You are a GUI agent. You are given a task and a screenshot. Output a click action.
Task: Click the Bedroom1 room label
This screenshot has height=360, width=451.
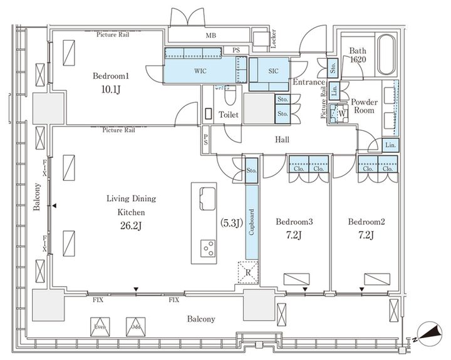tap(111, 76)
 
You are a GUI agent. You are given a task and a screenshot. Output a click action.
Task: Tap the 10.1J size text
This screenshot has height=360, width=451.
tap(111, 90)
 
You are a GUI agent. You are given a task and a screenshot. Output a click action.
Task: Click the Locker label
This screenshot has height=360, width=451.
tap(273, 39)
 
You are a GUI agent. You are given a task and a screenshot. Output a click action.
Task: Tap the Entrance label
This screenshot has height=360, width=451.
tap(308, 82)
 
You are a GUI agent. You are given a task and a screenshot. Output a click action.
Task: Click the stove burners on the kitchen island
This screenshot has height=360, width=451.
tap(207, 248)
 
